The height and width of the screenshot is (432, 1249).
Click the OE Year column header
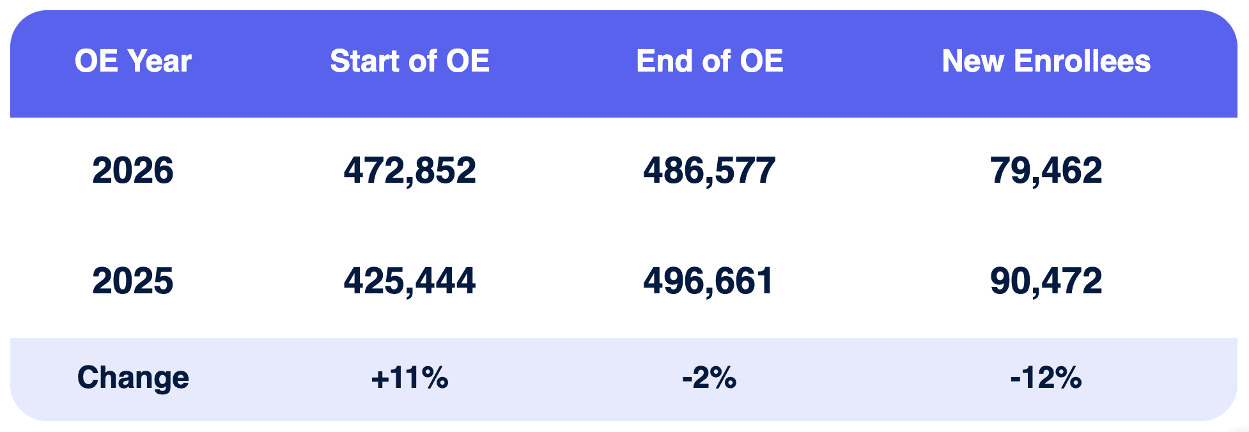pyautogui.click(x=133, y=61)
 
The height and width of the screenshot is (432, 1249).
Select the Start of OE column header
pyautogui.click(x=409, y=61)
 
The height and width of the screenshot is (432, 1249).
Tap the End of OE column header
pyautogui.click(x=710, y=61)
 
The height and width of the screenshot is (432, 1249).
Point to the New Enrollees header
pyautogui.click(x=1046, y=61)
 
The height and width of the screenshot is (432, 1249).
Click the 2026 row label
pyautogui.click(x=133, y=171)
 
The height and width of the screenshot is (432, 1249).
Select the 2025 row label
pyautogui.click(x=133, y=281)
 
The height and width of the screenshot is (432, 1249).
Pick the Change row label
pyautogui.click(x=133, y=378)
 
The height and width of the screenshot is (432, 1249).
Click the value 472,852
pyautogui.click(x=409, y=171)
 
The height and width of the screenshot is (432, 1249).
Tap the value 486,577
pyautogui.click(x=710, y=171)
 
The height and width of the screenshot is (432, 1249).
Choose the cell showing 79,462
pyautogui.click(x=1046, y=171)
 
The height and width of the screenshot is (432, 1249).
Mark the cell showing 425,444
pyautogui.click(x=409, y=281)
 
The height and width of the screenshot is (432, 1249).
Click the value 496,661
pyautogui.click(x=708, y=281)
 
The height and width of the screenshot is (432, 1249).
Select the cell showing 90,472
pyautogui.click(x=1046, y=281)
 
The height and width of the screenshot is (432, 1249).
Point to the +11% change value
pyautogui.click(x=409, y=378)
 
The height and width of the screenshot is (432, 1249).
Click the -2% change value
pyautogui.click(x=709, y=378)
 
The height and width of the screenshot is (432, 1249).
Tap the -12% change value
pyautogui.click(x=1046, y=378)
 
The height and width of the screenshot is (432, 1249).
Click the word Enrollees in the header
pyautogui.click(x=1082, y=61)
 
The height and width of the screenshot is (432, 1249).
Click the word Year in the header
pyautogui.click(x=159, y=61)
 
